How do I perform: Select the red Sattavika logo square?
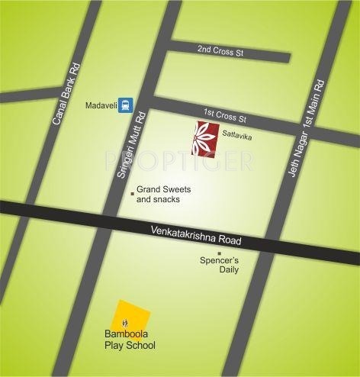pyautogui.click(x=205, y=137)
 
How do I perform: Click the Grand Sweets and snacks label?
pyautogui.click(x=163, y=194)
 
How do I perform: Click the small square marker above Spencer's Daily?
pyautogui.click(x=220, y=252)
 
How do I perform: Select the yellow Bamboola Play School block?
pyautogui.click(x=130, y=316)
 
